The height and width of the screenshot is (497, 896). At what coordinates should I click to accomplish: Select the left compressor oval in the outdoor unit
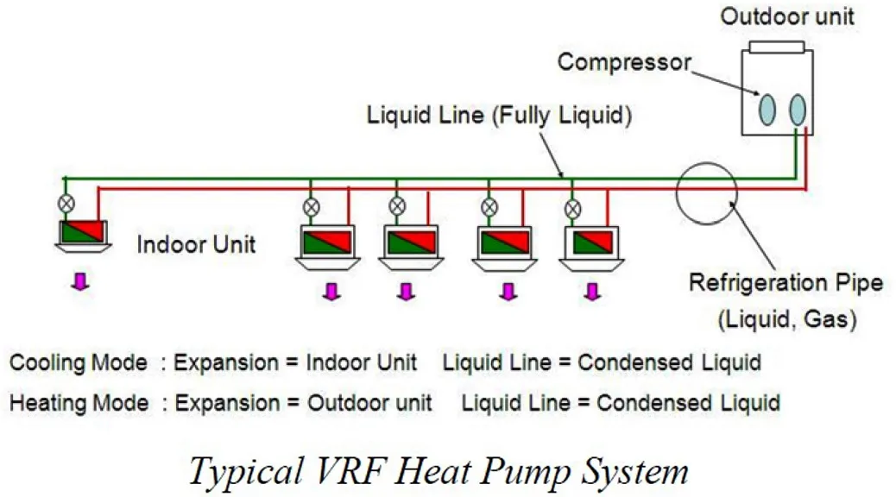(x=767, y=108)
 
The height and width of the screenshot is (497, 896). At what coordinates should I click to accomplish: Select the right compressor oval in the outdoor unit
(x=798, y=108)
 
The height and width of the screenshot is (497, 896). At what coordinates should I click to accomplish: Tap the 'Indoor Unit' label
(x=196, y=244)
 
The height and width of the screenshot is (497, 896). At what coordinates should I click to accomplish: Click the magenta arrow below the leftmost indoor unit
(x=80, y=282)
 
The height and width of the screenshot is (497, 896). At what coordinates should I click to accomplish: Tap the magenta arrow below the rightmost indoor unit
(x=591, y=293)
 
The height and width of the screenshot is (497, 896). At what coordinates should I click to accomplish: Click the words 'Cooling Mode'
(x=78, y=363)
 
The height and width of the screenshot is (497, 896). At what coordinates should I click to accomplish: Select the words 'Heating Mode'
(x=78, y=402)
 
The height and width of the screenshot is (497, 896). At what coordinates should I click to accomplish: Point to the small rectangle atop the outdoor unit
(x=776, y=45)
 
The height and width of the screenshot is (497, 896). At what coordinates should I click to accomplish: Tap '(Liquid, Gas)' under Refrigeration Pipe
(x=786, y=320)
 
